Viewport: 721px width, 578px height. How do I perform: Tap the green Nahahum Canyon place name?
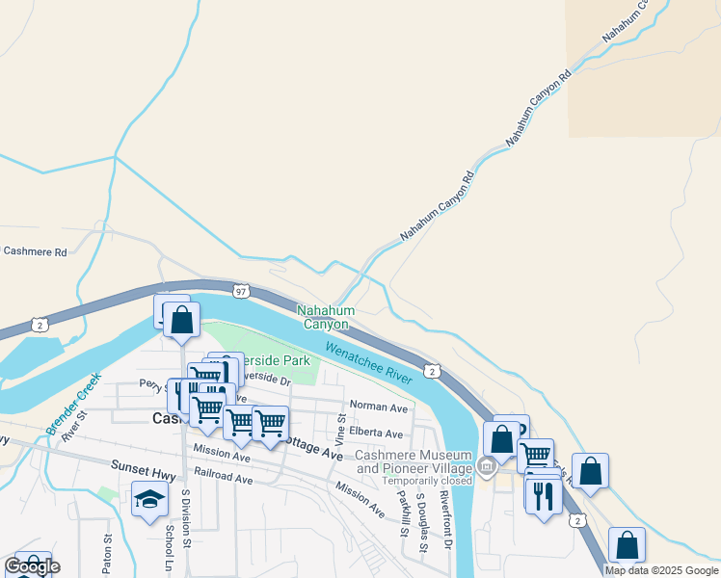pos(326,317)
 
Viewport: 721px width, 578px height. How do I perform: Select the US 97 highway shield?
pos(240,290)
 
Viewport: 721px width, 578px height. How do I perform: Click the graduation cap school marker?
pos(149,499)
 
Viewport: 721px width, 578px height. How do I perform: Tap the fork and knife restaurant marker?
pos(545,495)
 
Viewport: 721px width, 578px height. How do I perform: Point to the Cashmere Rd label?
pos(35,251)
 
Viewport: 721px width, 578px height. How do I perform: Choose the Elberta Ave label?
pos(376,433)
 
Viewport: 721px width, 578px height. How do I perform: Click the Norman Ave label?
pos(379,407)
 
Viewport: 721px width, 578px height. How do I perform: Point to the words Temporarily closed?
pos(426,481)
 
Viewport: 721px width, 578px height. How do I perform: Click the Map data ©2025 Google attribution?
pos(660,570)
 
